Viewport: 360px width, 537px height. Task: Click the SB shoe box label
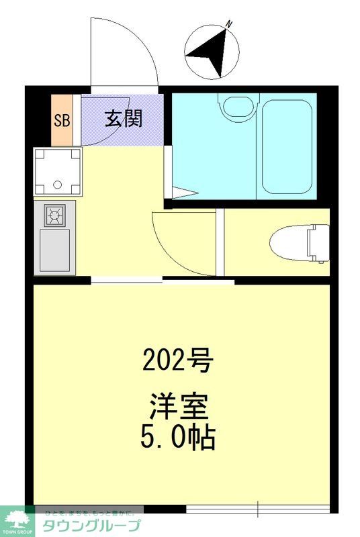coord(62,121)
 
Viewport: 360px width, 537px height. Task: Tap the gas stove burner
coord(54,215)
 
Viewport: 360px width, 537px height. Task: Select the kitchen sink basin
coord(54,250)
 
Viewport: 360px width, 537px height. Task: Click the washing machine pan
coord(58,171)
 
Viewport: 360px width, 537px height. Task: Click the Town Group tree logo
coord(19,518)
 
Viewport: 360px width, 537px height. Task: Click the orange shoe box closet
coord(62,121)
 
